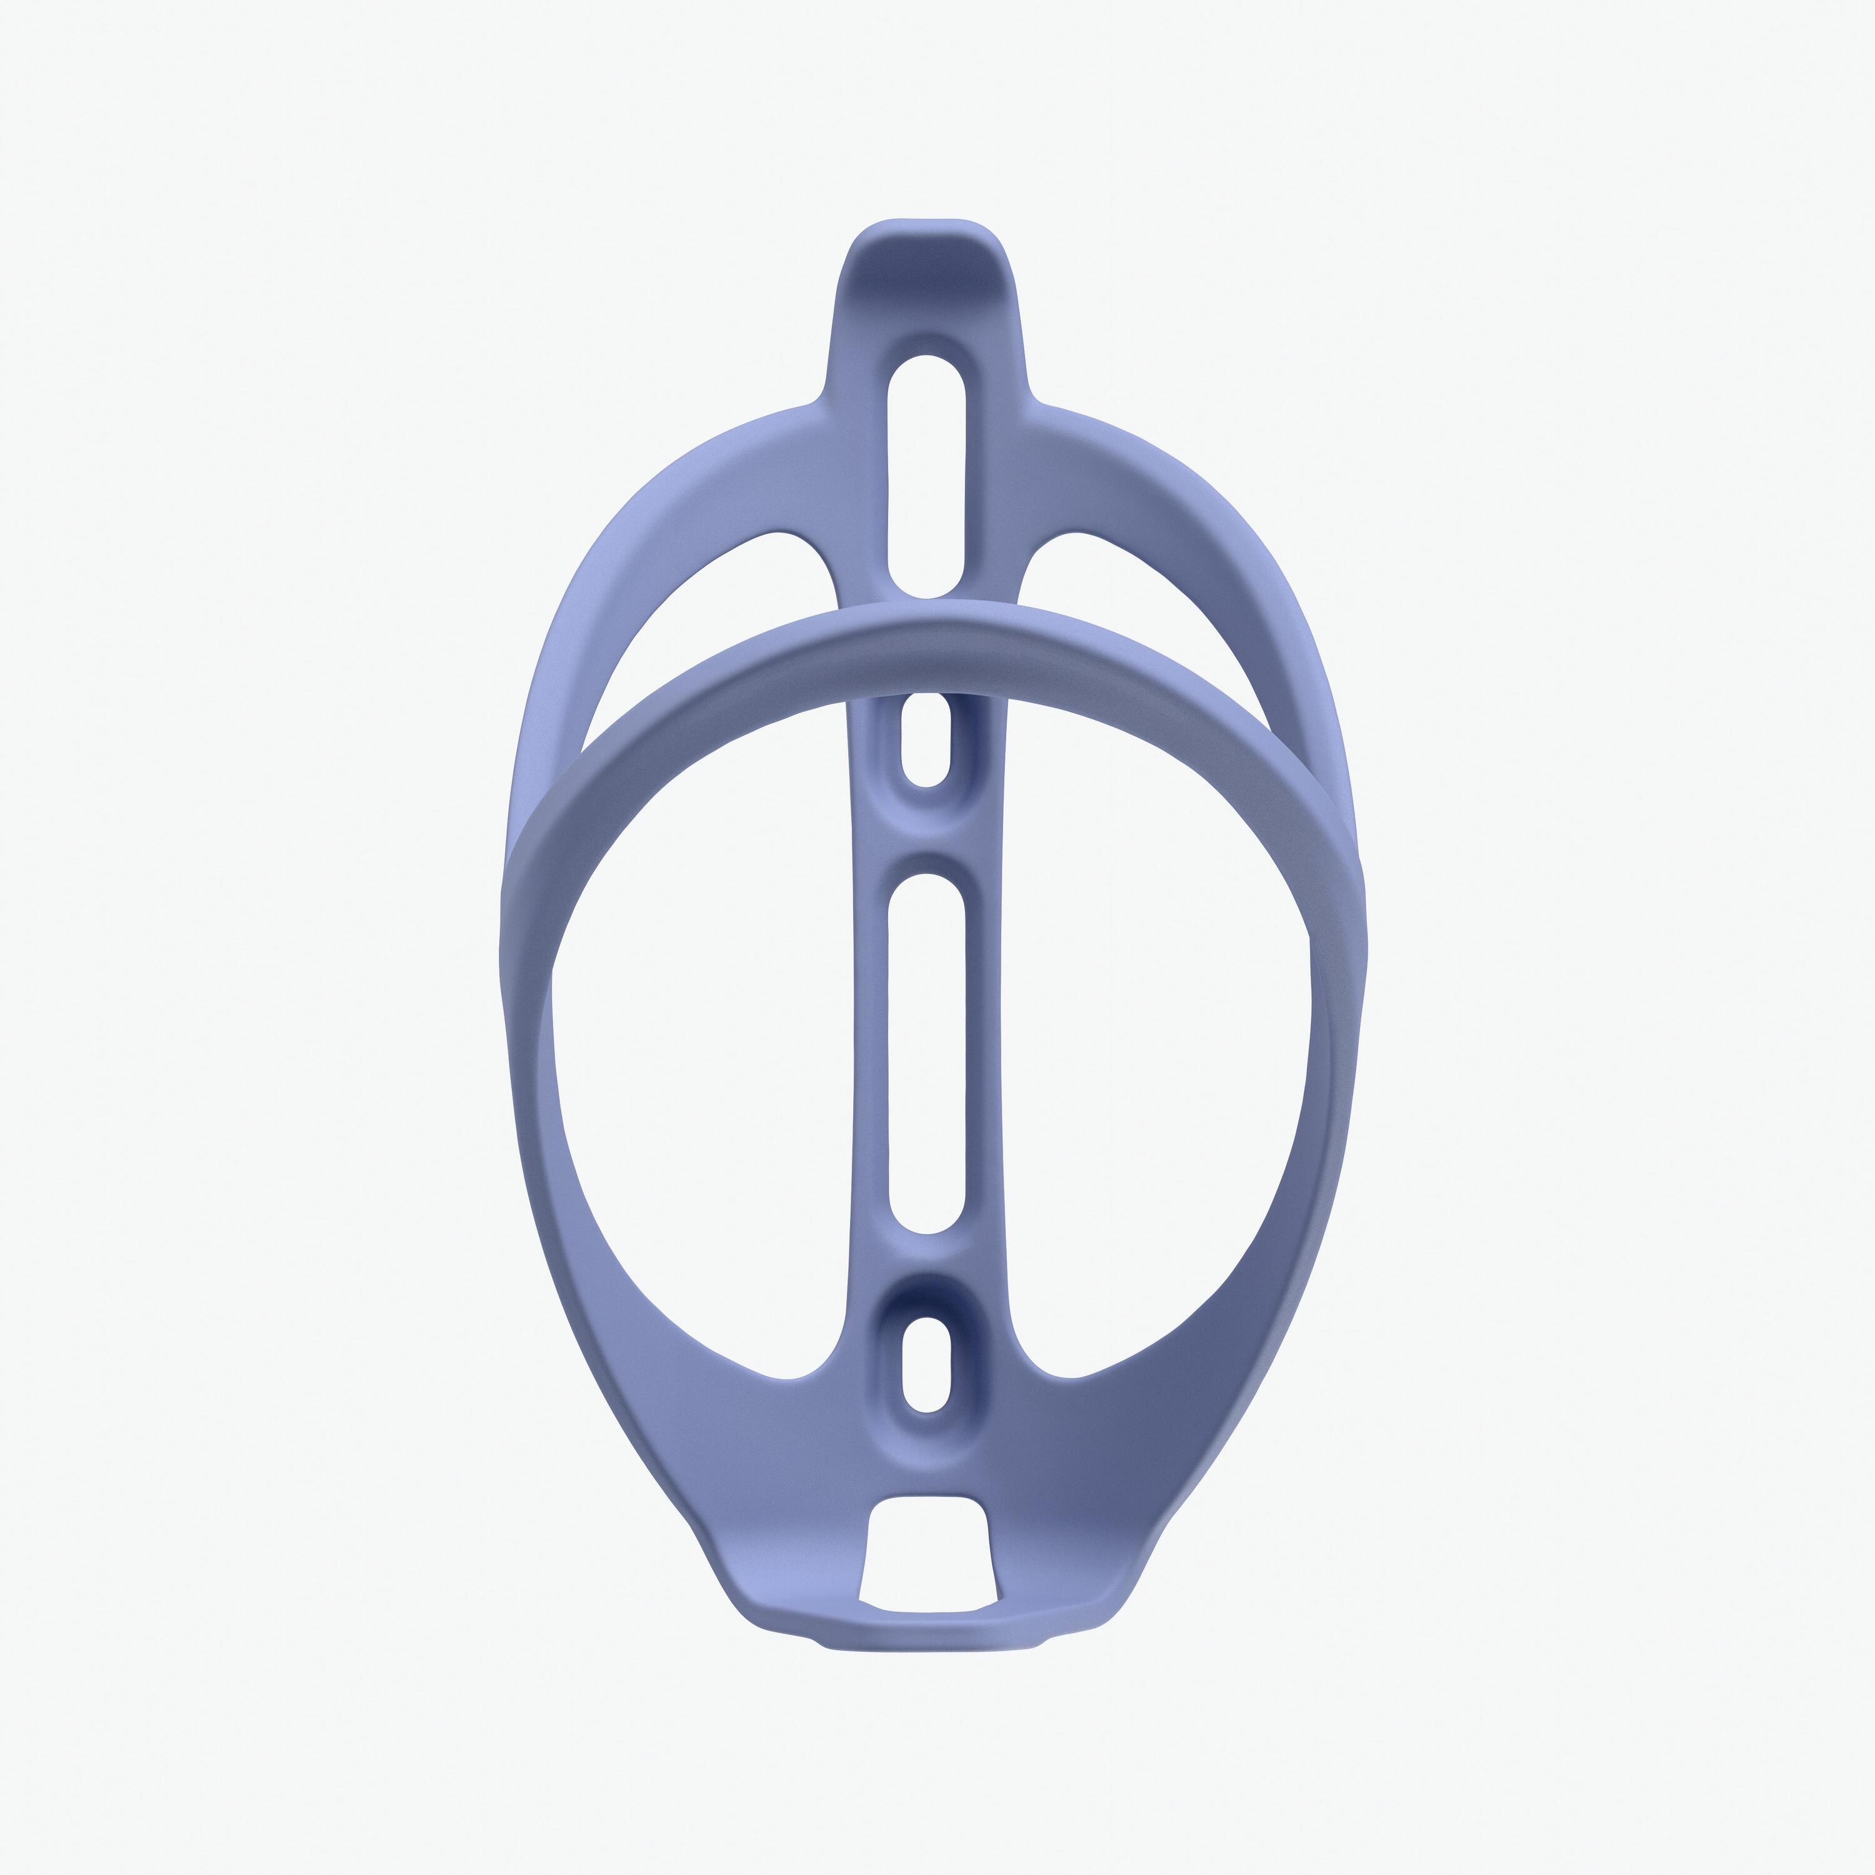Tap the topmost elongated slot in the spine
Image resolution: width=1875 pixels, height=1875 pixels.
(x=926, y=476)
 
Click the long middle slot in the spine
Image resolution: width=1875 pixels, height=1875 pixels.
(x=927, y=1053)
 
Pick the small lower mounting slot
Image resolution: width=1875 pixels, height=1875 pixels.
(x=926, y=1364)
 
